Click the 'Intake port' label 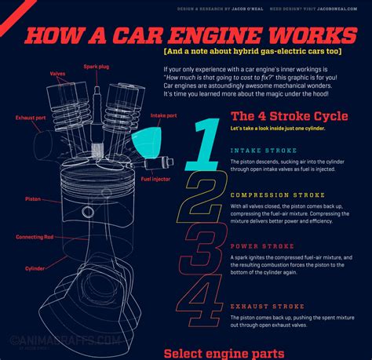point(165,116)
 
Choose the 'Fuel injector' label point(156,178)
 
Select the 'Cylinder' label point(34,268)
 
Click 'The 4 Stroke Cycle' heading point(289,116)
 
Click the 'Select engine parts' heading point(224,351)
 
